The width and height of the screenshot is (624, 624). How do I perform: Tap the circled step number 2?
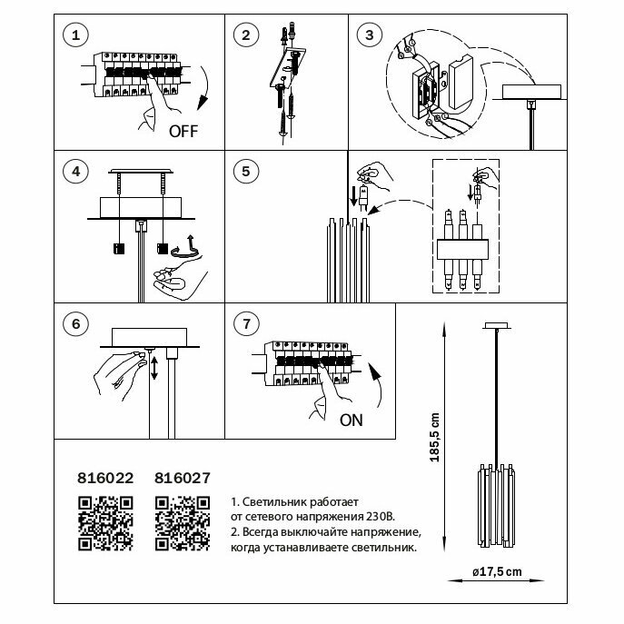[x=243, y=36]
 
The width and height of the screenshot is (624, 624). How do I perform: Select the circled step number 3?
[x=367, y=36]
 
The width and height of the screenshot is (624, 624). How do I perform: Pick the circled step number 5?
[x=243, y=170]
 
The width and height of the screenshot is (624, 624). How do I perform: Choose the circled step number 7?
[x=243, y=324]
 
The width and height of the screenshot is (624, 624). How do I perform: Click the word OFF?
[x=183, y=130]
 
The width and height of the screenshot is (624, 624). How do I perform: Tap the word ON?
[x=350, y=421]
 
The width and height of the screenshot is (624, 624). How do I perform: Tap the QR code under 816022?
[x=104, y=524]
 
